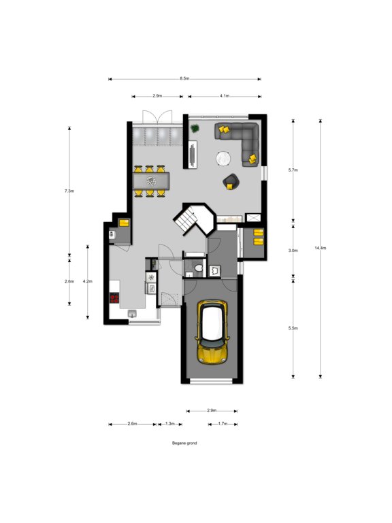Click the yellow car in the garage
click(x=212, y=332)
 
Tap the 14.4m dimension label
click(x=321, y=248)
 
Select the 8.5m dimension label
click(x=184, y=78)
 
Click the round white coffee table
click(x=223, y=159)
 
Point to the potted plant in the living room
click(x=195, y=129)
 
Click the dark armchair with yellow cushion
click(x=231, y=182)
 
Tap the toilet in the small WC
click(x=199, y=268)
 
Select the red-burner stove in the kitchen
click(x=114, y=298)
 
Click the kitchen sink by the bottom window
click(x=132, y=313)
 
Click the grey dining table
click(x=151, y=181)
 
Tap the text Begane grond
click(x=184, y=443)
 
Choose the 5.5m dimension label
click(x=293, y=328)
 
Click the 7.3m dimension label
click(x=69, y=191)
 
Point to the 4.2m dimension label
click(x=87, y=281)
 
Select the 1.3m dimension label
click(x=170, y=424)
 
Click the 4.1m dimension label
click(x=225, y=96)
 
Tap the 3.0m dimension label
click(x=293, y=251)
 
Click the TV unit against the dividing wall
click(x=193, y=154)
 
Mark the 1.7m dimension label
click(x=223, y=424)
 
